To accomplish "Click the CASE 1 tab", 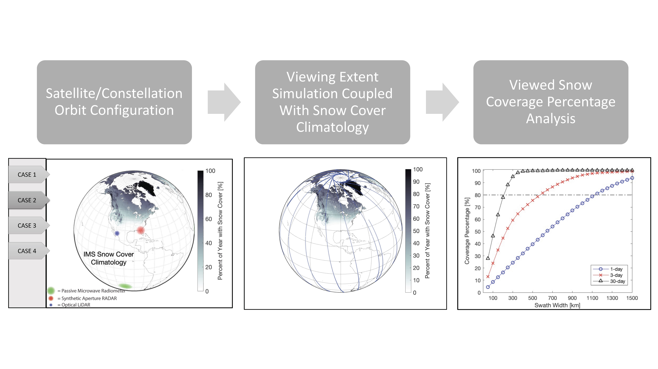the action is pos(27,175).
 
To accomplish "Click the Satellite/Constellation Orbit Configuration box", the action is pos(114,102).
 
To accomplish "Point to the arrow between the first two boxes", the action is pos(223,102).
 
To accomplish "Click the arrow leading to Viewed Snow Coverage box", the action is pos(442,102).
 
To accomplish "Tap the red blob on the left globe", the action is pos(141,230).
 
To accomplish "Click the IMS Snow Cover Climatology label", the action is pos(109,258).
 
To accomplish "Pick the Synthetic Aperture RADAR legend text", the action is pos(89,298).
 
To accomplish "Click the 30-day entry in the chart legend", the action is pos(617,281).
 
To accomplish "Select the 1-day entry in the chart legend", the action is pos(616,269).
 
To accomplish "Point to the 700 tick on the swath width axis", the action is pos(552,298).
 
